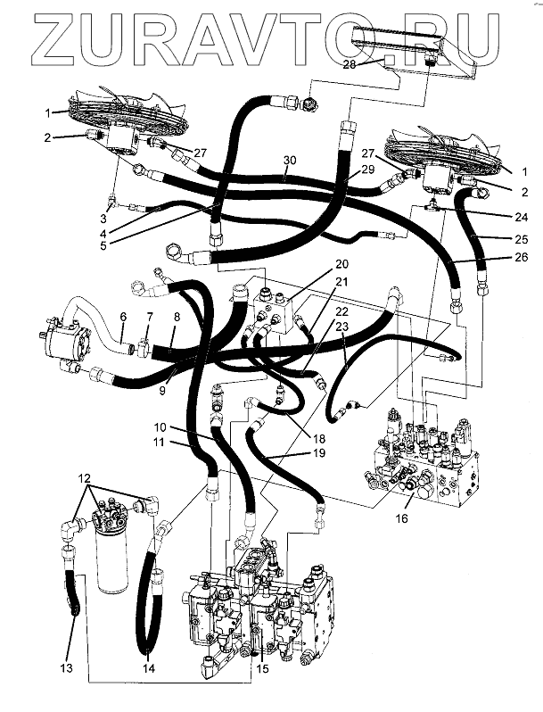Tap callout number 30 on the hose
pos(289,161)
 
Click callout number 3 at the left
pos(103,219)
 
